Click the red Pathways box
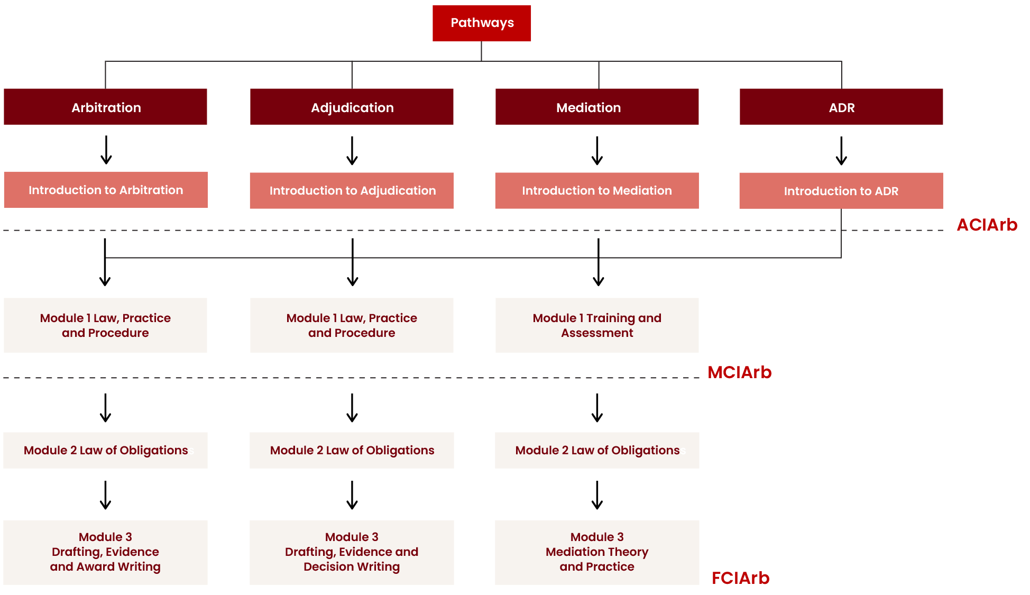pos(482,23)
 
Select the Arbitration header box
pos(106,107)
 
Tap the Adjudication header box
pos(352,107)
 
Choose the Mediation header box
pos(597,107)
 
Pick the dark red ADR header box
pos(841,107)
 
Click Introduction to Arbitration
pos(106,190)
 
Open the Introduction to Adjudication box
pos(352,190)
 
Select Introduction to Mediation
pos(597,190)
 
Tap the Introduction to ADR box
pos(841,190)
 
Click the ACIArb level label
pos(987,225)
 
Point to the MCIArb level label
pos(740,372)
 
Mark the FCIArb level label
pos(740,578)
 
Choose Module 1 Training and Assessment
pos(597,325)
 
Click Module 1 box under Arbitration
pos(106,325)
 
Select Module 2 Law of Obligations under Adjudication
pos(352,450)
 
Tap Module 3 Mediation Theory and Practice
pos(597,552)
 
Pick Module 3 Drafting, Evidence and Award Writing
pos(106,552)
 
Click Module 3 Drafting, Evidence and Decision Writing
pos(352,552)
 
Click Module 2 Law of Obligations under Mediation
pos(597,450)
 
